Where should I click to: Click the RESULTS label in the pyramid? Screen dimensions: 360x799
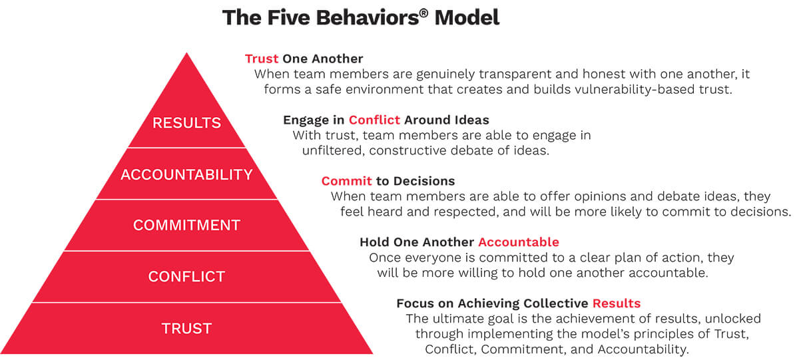186,123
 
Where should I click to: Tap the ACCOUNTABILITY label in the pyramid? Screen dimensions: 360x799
186,174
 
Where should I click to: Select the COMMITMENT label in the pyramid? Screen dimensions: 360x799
186,225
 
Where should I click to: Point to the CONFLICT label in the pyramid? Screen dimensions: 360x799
186,276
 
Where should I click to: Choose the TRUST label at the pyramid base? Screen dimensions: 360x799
186,328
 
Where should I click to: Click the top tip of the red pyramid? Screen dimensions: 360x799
187,55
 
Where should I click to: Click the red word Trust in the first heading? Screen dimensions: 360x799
262,59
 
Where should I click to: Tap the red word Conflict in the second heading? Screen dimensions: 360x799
374,120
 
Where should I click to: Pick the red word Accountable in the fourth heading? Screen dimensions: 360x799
519,242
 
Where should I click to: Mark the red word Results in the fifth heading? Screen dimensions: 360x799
617,303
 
